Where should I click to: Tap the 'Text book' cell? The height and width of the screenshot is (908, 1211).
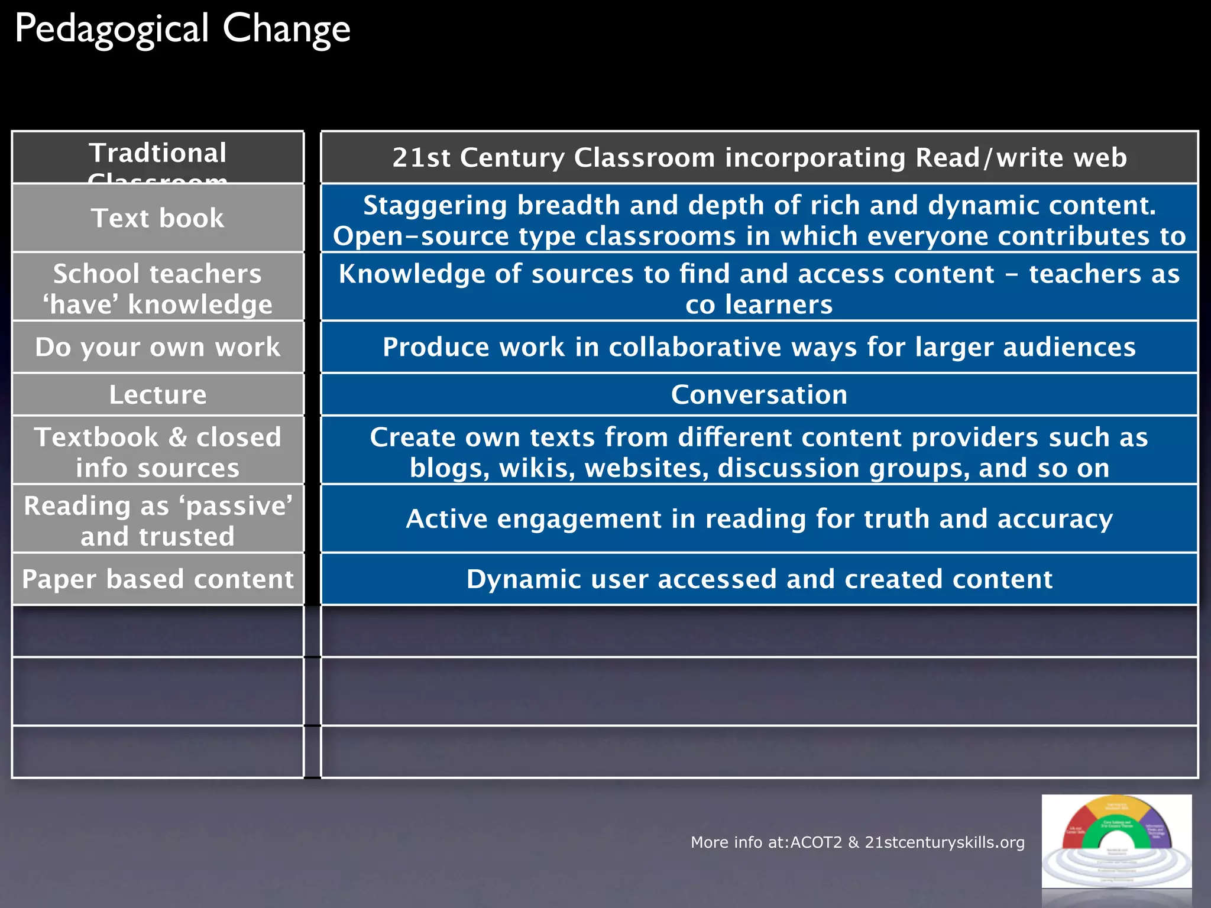(158, 218)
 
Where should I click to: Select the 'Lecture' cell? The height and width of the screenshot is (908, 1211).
(158, 394)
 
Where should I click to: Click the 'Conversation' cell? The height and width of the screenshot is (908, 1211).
(759, 394)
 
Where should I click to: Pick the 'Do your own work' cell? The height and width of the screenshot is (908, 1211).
(158, 347)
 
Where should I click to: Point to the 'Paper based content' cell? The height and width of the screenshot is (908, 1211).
(158, 579)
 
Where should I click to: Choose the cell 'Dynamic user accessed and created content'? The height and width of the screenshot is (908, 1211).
(759, 579)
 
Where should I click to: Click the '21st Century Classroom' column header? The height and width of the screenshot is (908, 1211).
(759, 158)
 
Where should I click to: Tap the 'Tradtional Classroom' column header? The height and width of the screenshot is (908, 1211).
(158, 157)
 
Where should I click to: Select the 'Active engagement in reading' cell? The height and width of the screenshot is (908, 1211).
(759, 518)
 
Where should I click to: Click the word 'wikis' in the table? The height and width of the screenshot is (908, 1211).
(537, 468)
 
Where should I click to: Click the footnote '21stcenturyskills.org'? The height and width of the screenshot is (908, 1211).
(944, 842)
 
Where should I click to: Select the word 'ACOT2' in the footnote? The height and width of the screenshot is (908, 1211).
(816, 842)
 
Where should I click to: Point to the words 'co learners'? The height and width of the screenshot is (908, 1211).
(759, 305)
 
